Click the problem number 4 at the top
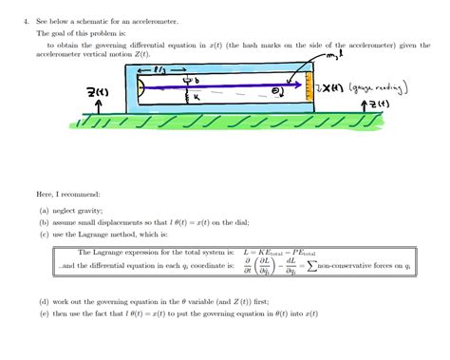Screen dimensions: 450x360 click(25, 20)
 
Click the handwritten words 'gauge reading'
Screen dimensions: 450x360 click(382, 88)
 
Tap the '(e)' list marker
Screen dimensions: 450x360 click(45, 313)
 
